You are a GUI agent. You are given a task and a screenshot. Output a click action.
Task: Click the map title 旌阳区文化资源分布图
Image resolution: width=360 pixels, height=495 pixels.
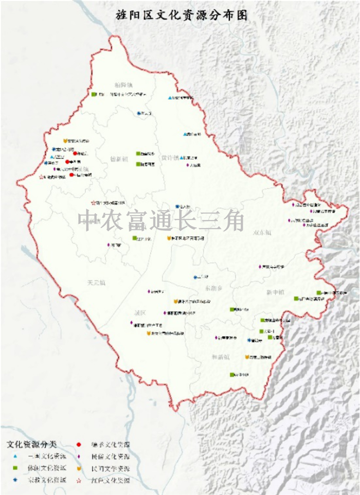coord(182,15)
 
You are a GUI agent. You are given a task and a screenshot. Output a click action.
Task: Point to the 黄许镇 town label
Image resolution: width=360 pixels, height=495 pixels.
coord(169,158)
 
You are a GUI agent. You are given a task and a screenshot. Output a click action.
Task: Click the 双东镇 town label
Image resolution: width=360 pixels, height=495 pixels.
coord(262,233)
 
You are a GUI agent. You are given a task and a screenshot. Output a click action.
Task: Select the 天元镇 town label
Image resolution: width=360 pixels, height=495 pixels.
coord(96,282)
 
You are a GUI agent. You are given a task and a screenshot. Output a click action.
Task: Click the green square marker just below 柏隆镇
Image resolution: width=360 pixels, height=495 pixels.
coord(94,95)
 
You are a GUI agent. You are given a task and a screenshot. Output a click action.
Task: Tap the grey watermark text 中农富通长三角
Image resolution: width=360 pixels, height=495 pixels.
coord(161,220)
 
